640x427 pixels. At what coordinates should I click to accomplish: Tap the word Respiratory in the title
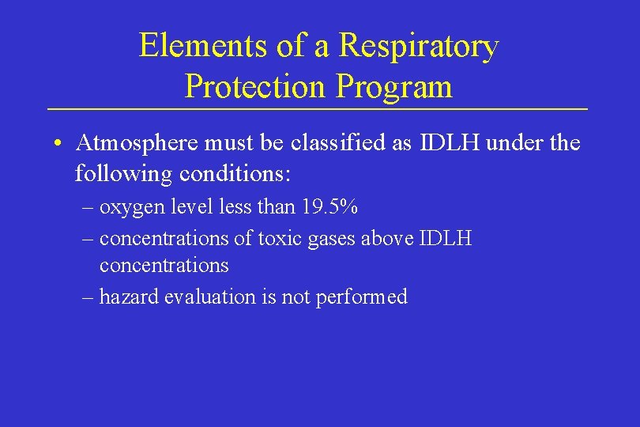(x=419, y=46)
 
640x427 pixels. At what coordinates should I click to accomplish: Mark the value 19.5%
(x=329, y=208)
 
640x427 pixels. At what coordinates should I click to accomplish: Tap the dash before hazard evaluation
(x=86, y=298)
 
